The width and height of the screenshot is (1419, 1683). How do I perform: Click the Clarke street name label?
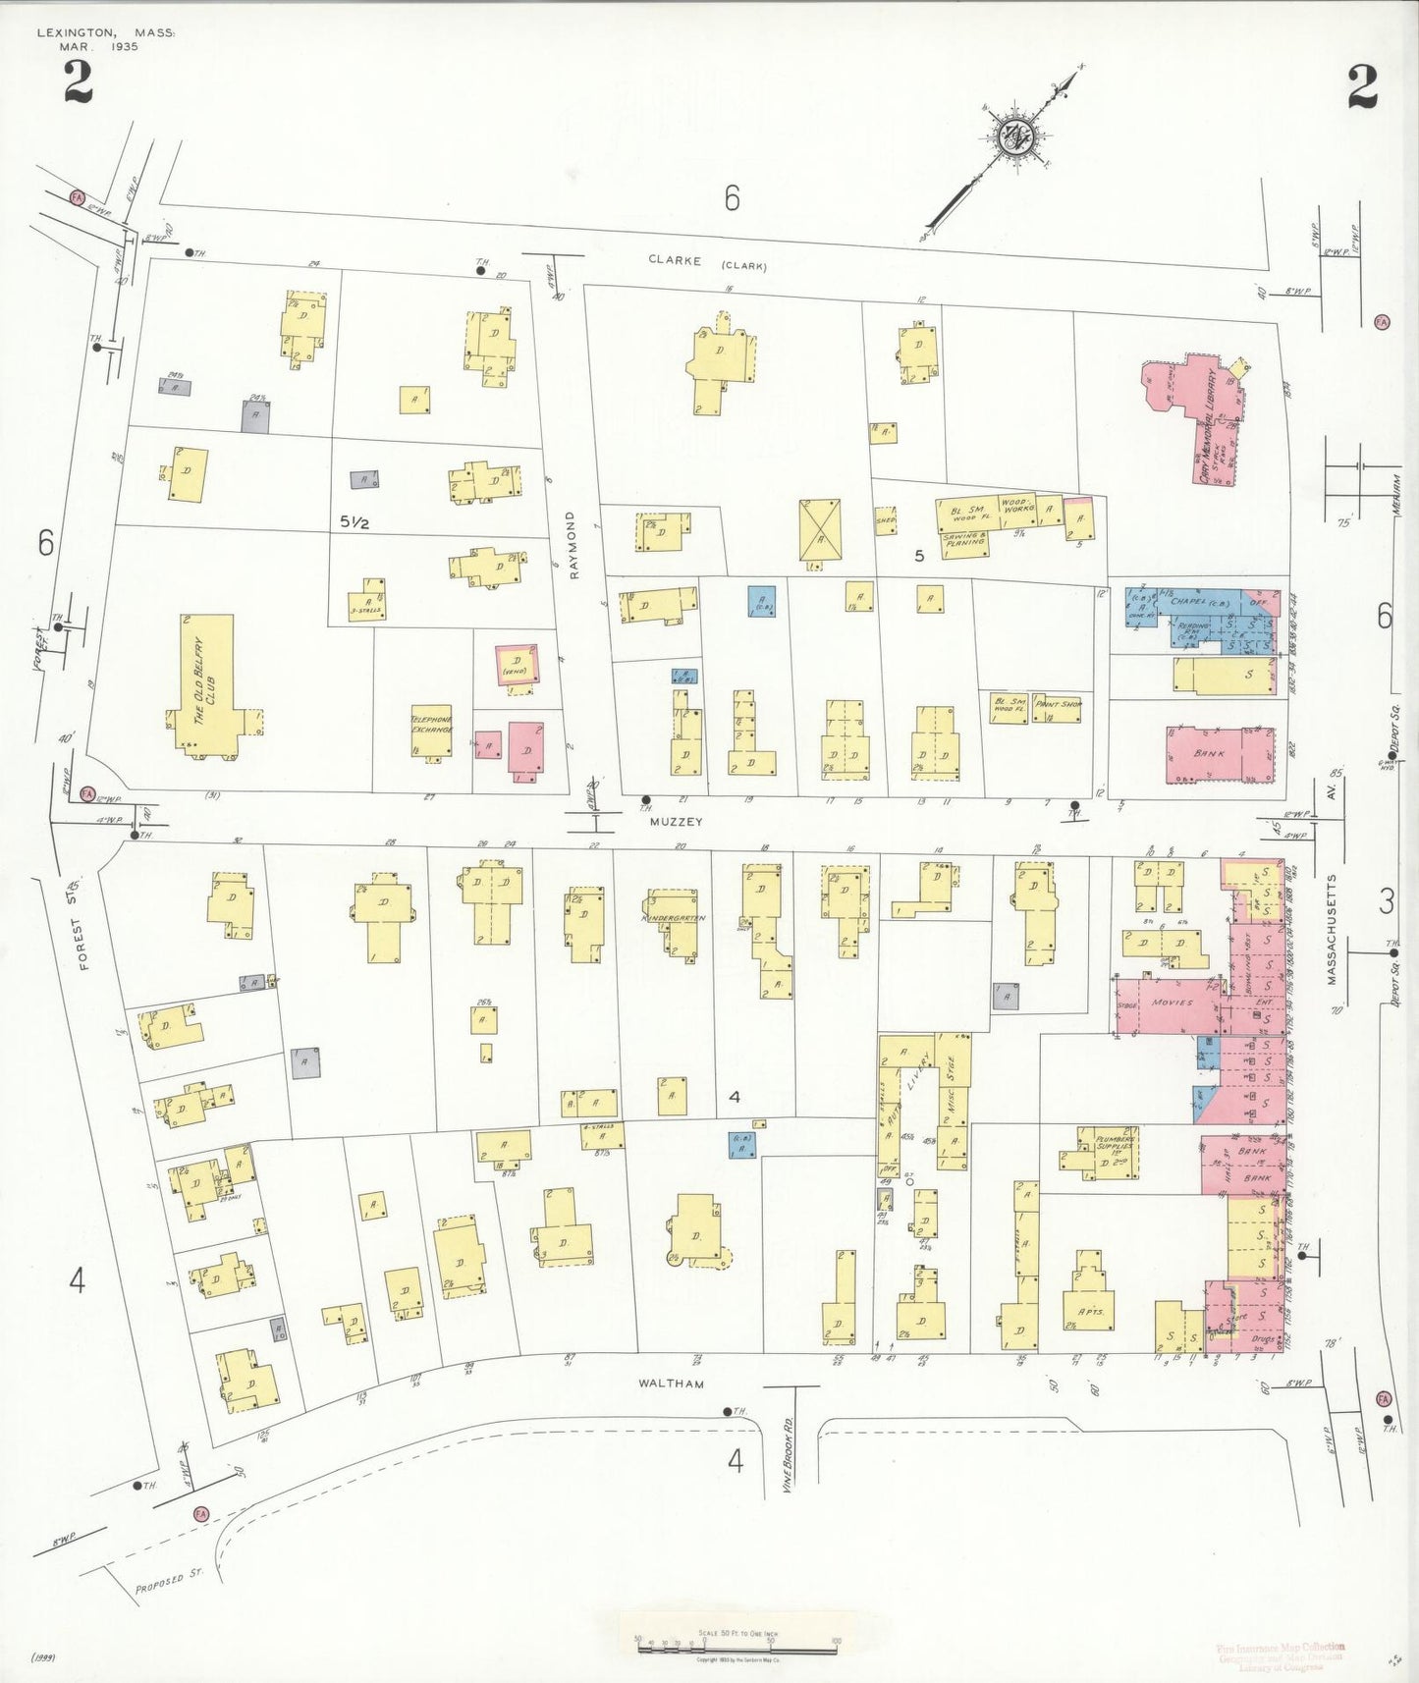(675, 260)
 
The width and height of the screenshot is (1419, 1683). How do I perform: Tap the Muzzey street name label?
(676, 822)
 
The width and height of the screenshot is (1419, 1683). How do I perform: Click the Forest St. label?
(83, 939)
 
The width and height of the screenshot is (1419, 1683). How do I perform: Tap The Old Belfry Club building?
(208, 684)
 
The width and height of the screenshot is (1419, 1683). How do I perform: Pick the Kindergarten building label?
(674, 919)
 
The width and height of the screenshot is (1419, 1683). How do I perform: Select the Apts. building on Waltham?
(1090, 1310)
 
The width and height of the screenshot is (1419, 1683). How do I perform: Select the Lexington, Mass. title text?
(106, 33)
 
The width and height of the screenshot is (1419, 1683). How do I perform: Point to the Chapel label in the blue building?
(1189, 601)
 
